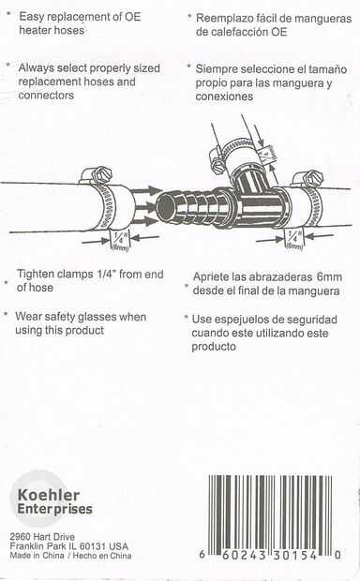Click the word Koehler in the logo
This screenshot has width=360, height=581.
(x=49, y=495)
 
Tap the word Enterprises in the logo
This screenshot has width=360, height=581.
(x=55, y=509)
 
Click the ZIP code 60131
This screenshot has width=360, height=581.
(x=93, y=546)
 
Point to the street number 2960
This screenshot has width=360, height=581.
(x=21, y=537)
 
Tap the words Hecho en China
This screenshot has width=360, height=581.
(x=102, y=556)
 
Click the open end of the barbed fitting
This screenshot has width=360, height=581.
(x=165, y=206)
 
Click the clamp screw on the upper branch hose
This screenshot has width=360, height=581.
(x=217, y=157)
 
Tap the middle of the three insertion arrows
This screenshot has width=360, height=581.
(x=144, y=207)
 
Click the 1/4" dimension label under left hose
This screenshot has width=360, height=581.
(x=120, y=240)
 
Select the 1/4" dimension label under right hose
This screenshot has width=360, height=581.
(x=294, y=239)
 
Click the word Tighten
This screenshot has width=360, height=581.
(x=37, y=275)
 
